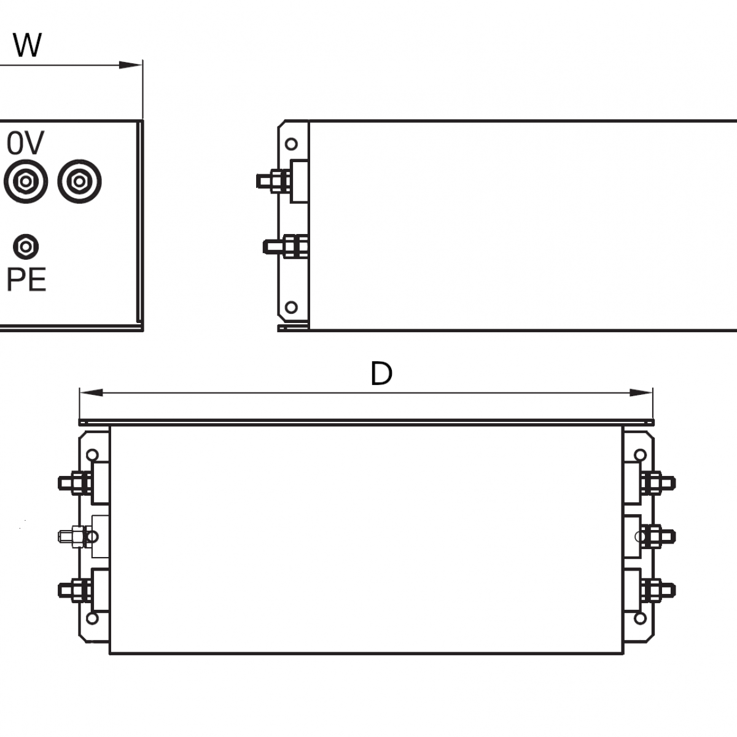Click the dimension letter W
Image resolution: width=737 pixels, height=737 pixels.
(27, 45)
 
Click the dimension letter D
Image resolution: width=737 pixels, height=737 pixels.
(381, 373)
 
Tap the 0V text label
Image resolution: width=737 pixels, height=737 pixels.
(26, 143)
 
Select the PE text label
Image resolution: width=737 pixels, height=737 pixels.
(26, 280)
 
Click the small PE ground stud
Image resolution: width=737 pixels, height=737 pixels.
(26, 246)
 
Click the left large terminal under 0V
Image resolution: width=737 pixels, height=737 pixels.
(26, 182)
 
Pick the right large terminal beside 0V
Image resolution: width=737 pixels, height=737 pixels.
(79, 182)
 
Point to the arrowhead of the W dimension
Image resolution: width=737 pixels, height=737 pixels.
(131, 64)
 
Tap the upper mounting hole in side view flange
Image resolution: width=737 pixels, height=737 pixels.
(292, 144)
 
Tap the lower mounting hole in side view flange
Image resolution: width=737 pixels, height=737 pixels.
(292, 306)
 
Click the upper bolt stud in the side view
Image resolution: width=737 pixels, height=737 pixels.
(273, 181)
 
